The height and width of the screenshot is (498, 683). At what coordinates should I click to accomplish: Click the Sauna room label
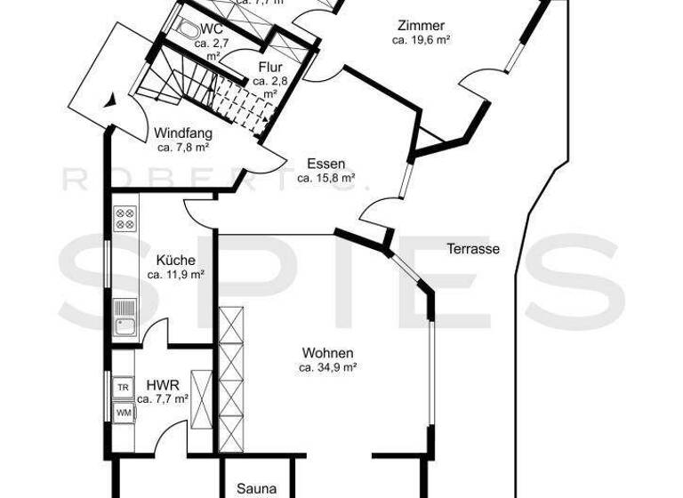tap(256, 489)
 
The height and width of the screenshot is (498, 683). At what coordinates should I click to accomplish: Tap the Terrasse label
tap(472, 249)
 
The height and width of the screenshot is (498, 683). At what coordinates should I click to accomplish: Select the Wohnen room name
tap(327, 352)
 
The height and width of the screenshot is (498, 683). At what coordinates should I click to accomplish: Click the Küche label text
tap(175, 261)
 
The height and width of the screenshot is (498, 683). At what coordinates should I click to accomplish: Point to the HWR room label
tap(165, 385)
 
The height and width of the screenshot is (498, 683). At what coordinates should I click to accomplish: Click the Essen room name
tap(326, 164)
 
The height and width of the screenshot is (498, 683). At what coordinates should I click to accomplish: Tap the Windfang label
tap(182, 133)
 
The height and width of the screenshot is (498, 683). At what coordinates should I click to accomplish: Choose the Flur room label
tap(270, 67)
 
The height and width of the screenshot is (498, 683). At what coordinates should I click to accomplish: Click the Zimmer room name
tap(422, 26)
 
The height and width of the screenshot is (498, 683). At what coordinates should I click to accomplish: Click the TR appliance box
tap(124, 388)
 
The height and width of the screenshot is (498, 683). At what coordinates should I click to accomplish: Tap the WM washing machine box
tap(124, 412)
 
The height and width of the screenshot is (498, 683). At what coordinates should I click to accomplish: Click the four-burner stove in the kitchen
tap(125, 219)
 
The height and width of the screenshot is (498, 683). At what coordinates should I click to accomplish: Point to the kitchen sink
tap(124, 317)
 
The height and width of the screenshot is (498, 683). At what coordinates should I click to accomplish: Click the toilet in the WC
tap(189, 29)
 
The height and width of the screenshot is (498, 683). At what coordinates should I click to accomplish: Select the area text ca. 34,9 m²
tap(327, 366)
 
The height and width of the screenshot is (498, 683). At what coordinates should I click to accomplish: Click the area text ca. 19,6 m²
tap(422, 40)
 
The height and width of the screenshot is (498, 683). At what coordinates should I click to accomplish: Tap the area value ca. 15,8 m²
tap(326, 178)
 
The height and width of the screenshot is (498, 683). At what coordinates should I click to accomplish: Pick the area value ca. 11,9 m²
tap(175, 275)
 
